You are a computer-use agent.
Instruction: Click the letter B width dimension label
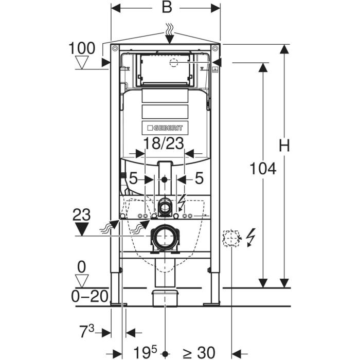[x=167, y=7]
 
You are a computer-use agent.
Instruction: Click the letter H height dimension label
[x=284, y=146]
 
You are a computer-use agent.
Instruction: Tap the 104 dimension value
[x=263, y=169]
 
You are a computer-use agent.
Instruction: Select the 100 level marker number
[x=82, y=48]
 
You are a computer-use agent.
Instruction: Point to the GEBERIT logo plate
[x=165, y=128]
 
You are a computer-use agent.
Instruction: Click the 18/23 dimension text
[x=164, y=143]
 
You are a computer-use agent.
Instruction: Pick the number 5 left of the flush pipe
[x=133, y=178]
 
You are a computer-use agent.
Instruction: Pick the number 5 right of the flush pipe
[x=200, y=178]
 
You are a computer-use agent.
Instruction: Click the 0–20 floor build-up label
[x=89, y=296]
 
